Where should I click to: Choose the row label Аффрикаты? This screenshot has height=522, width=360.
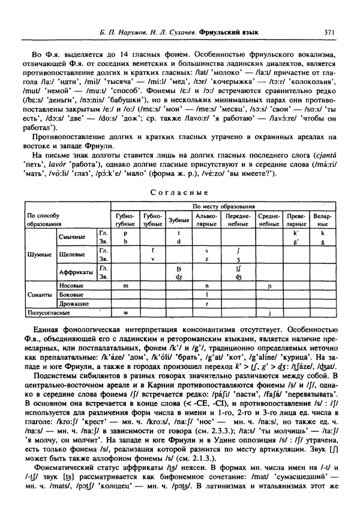(77, 272)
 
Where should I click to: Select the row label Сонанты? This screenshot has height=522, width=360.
(39, 295)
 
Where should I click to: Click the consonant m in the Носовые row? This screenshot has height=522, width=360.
(126, 286)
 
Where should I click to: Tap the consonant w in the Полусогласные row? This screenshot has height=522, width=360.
(126, 312)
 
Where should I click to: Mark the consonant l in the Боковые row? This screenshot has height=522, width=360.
(206, 295)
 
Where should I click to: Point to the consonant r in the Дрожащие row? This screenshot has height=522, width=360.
(206, 303)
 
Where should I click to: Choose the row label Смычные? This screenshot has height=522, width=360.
(72, 237)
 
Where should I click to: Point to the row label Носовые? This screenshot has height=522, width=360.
(71, 286)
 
